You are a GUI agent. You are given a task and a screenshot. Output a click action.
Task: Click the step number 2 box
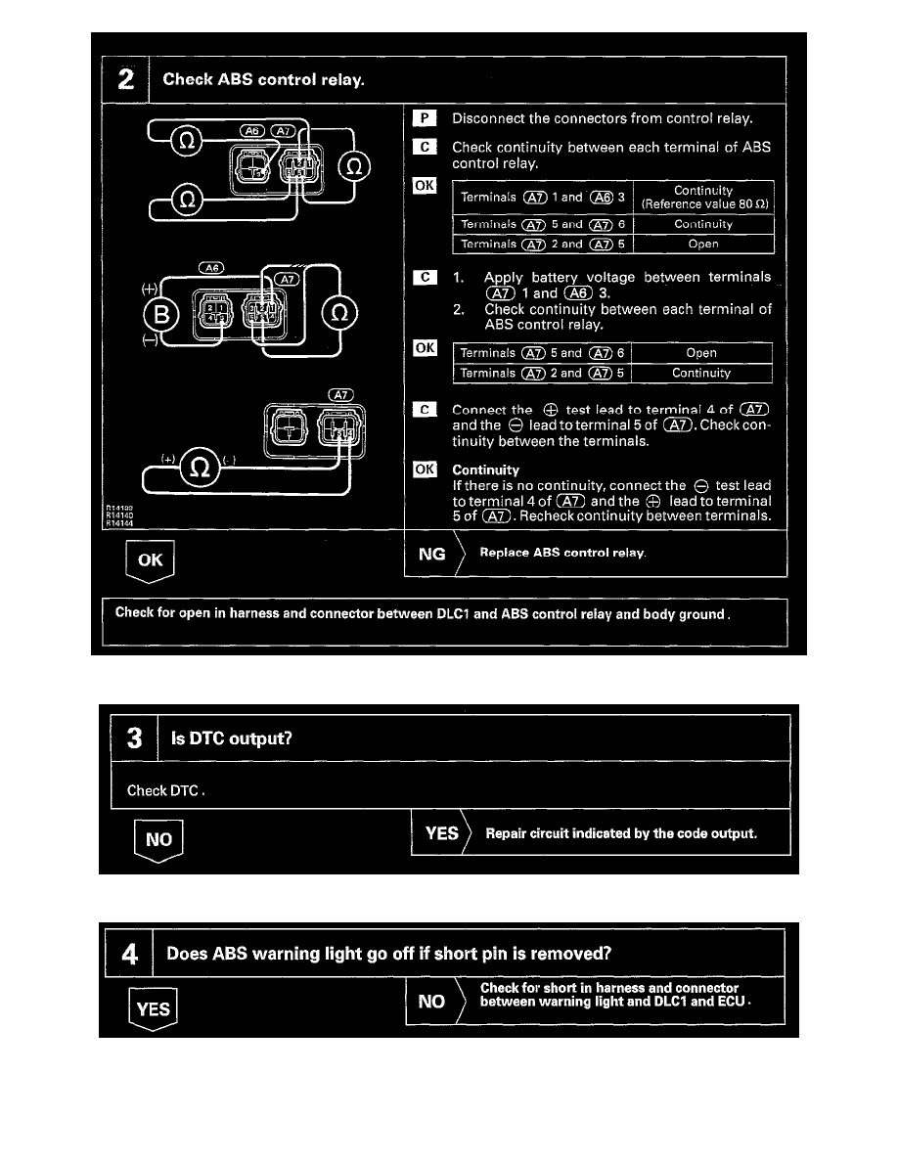tap(126, 79)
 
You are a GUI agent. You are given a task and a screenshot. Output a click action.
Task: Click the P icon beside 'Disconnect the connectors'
tap(424, 119)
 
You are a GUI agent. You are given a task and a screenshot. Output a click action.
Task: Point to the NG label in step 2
tap(431, 554)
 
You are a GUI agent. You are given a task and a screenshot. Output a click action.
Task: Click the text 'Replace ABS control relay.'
tap(562, 554)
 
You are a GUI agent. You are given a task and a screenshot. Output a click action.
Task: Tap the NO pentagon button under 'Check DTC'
tap(157, 840)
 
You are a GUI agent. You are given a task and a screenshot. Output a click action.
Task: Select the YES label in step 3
tap(442, 833)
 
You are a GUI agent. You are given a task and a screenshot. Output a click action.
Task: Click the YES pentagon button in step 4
tap(154, 1008)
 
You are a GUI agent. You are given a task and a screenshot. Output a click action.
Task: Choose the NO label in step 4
tap(431, 1002)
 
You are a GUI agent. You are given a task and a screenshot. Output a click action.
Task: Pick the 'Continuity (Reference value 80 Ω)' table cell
tap(703, 198)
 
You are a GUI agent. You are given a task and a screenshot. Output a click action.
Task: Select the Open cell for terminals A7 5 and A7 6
tap(701, 353)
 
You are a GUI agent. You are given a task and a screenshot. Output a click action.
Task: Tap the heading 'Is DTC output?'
tap(231, 738)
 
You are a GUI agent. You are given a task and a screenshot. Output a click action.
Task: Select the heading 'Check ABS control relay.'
tap(263, 79)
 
